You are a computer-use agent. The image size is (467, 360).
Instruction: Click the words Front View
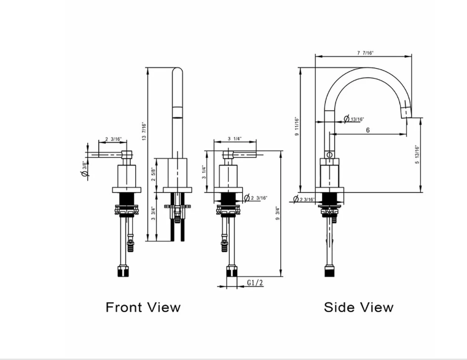[x=143, y=307]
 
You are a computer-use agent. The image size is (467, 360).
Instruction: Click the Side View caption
[x=359, y=307]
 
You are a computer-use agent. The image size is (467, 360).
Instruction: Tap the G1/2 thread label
[x=255, y=282]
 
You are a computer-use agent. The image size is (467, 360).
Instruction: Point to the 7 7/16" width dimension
[x=365, y=53]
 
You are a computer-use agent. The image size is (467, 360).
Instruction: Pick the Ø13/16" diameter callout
[x=353, y=119]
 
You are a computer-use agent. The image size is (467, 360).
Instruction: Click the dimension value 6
[x=367, y=130]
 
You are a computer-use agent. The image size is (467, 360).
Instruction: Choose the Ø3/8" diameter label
[x=84, y=169]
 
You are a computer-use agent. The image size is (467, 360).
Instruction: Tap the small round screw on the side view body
[x=329, y=155]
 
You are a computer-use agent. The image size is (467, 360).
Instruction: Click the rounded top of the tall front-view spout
[x=176, y=72]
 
